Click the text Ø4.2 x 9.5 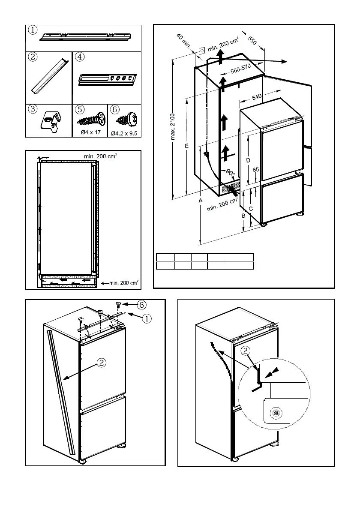pos(125,133)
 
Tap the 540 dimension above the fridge pos(257,97)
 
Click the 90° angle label pos(231,173)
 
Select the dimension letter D pos(248,160)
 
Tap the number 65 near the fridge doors pos(256,170)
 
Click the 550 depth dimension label pos(252,41)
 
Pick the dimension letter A pos(201,200)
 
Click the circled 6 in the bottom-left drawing pos(142,305)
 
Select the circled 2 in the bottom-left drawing pos(101,363)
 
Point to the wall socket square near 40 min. pos(202,50)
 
